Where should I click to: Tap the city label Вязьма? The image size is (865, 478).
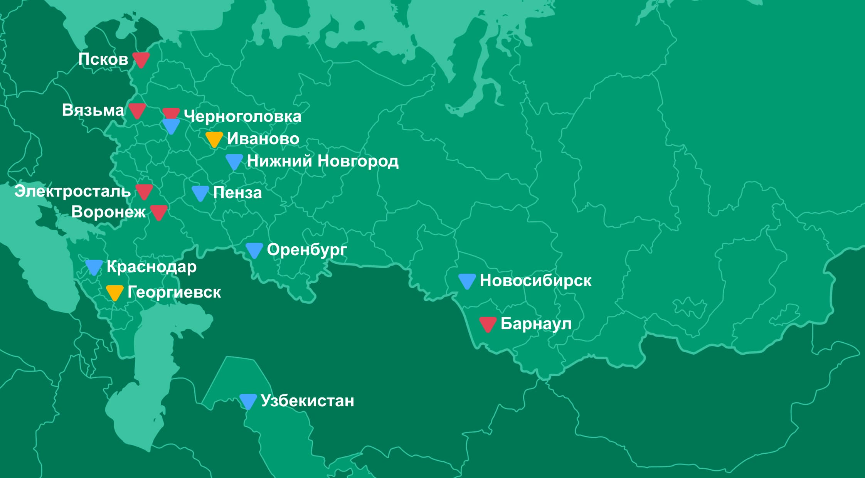(93, 110)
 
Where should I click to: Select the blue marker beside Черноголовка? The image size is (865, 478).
(171, 126)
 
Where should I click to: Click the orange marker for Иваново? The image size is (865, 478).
(214, 139)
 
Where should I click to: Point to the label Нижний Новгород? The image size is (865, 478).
(323, 161)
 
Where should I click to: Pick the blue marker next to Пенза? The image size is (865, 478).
(200, 193)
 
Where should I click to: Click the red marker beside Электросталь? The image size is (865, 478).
(144, 191)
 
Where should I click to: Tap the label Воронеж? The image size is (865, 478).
(108, 212)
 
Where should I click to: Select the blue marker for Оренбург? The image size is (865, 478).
(254, 250)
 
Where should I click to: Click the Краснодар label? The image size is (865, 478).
(151, 267)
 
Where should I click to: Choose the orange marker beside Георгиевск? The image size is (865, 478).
(114, 292)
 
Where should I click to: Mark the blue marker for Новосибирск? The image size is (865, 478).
(467, 281)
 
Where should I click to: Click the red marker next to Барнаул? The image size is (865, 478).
(488, 324)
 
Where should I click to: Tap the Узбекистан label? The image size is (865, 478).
(307, 401)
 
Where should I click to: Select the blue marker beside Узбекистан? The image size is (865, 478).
(248, 401)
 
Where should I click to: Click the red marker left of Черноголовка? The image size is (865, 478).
(171, 113)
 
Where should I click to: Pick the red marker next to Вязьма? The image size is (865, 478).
(137, 110)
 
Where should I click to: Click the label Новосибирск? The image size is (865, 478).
(535, 281)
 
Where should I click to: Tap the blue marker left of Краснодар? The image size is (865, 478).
(94, 267)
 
